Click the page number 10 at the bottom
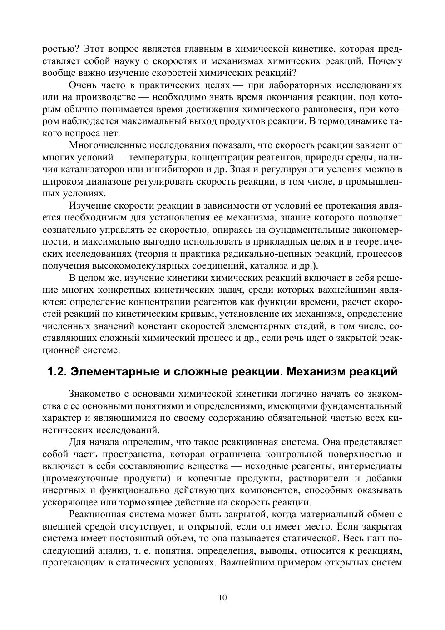222,597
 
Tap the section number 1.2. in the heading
57,371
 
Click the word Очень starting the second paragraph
83,85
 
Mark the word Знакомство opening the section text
95,394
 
